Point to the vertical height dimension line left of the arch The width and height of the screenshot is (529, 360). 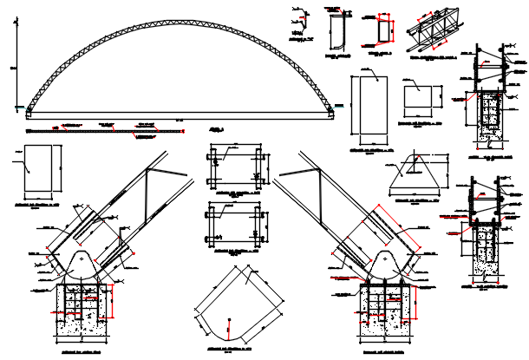click(15, 65)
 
